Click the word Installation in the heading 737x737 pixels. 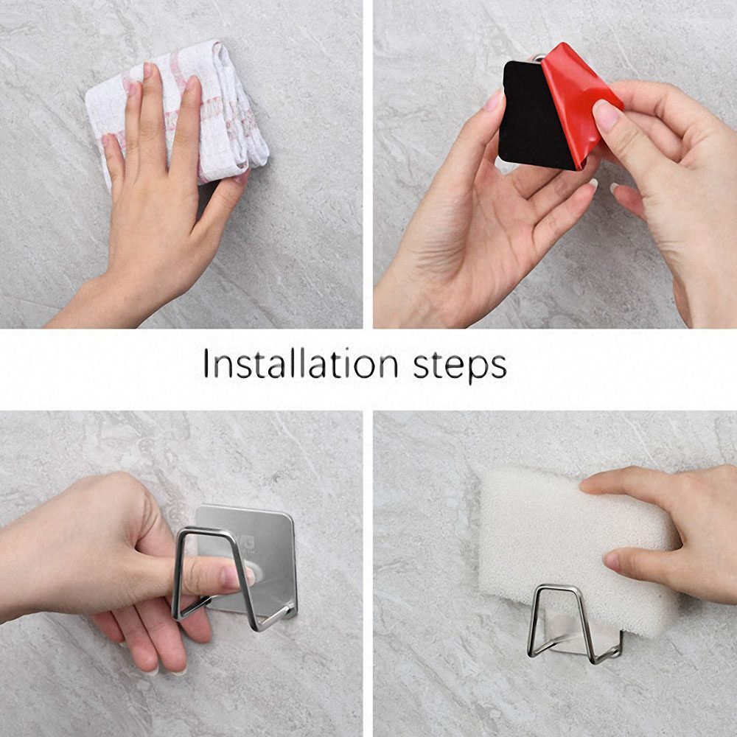(x=300, y=364)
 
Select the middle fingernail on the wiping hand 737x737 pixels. (x=148, y=71)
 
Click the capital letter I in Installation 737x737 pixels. (x=206, y=363)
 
